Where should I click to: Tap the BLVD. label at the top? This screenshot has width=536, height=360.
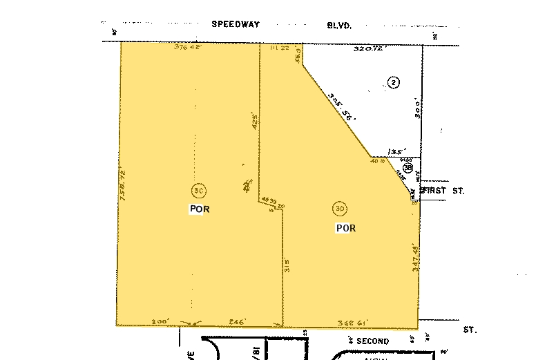pyautogui.click(x=340, y=25)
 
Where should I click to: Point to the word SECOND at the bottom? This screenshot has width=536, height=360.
pyautogui.click(x=373, y=341)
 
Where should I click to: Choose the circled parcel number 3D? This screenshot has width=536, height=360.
pyautogui.click(x=340, y=208)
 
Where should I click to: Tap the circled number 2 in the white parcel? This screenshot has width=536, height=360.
pyautogui.click(x=394, y=83)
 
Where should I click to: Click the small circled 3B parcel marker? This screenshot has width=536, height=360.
pyautogui.click(x=408, y=168)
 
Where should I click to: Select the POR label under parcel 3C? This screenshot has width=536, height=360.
pyautogui.click(x=198, y=209)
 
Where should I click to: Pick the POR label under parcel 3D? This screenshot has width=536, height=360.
pyautogui.click(x=345, y=227)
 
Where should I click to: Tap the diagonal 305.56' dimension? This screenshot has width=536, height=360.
pyautogui.click(x=343, y=107)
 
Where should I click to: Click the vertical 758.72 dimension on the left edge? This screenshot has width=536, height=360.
pyautogui.click(x=125, y=184)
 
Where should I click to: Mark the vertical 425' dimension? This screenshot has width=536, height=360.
pyautogui.click(x=254, y=123)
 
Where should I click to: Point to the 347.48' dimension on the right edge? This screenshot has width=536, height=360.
pyautogui.click(x=416, y=258)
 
